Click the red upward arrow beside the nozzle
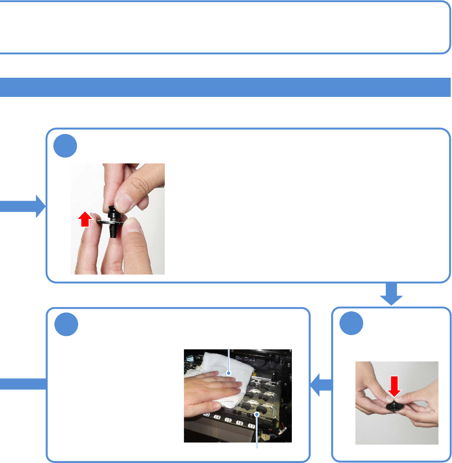coord(85,219)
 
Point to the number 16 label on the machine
coord(240,423)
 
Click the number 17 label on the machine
coord(251,426)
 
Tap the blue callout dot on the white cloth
coord(229,372)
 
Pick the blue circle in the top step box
coord(66,145)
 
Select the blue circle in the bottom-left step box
coord(66,325)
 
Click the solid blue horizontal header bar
coord(226,87)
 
